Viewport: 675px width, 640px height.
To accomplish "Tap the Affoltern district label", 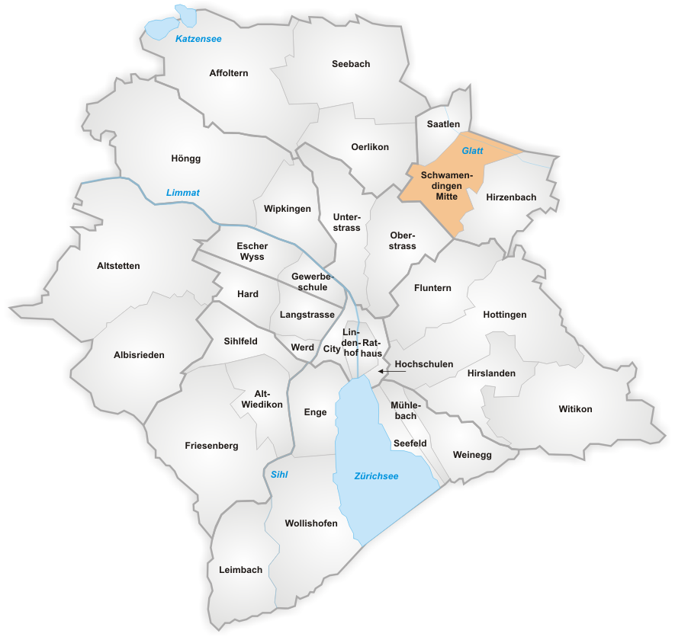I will click(229, 73).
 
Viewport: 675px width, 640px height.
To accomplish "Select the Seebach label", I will click(351, 64).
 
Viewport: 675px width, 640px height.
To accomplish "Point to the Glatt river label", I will click(472, 151).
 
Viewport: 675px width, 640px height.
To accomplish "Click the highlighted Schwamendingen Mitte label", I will click(446, 186).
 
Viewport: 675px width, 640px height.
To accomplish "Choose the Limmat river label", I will click(183, 193).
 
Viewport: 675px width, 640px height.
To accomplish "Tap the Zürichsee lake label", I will click(376, 476).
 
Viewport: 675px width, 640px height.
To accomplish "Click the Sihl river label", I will click(280, 475).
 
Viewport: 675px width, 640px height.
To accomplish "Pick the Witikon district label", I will click(575, 409).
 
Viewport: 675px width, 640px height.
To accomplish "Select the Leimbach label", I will click(240, 570).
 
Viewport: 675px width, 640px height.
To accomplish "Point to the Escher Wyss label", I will click(251, 251).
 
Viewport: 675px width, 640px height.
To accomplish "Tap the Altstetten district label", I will click(119, 266).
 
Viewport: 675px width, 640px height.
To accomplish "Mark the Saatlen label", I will click(443, 123).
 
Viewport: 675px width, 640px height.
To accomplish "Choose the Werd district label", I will click(303, 347).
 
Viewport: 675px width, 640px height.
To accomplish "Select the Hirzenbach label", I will click(511, 197).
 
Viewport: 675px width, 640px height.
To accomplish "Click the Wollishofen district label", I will click(311, 523).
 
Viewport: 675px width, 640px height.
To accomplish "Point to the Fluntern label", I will click(432, 288).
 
